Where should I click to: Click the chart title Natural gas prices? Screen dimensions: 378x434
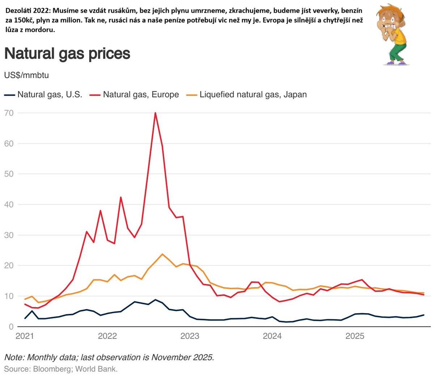pos(67,54)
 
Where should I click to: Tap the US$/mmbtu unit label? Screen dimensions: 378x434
pos(26,75)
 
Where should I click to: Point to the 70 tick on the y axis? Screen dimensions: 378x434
pos(9,113)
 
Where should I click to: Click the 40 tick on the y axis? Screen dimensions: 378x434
pos(9,205)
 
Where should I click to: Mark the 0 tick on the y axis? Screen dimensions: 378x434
pos(11,327)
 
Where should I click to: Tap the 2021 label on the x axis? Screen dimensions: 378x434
pos(25,336)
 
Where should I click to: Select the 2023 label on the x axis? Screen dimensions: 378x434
pos(190,336)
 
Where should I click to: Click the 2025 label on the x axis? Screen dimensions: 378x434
pos(355,336)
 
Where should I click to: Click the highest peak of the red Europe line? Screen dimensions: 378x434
pos(155,113)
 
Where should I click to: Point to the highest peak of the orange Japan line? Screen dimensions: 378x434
pos(162,254)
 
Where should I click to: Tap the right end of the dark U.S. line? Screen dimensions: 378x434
pos(424,315)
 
